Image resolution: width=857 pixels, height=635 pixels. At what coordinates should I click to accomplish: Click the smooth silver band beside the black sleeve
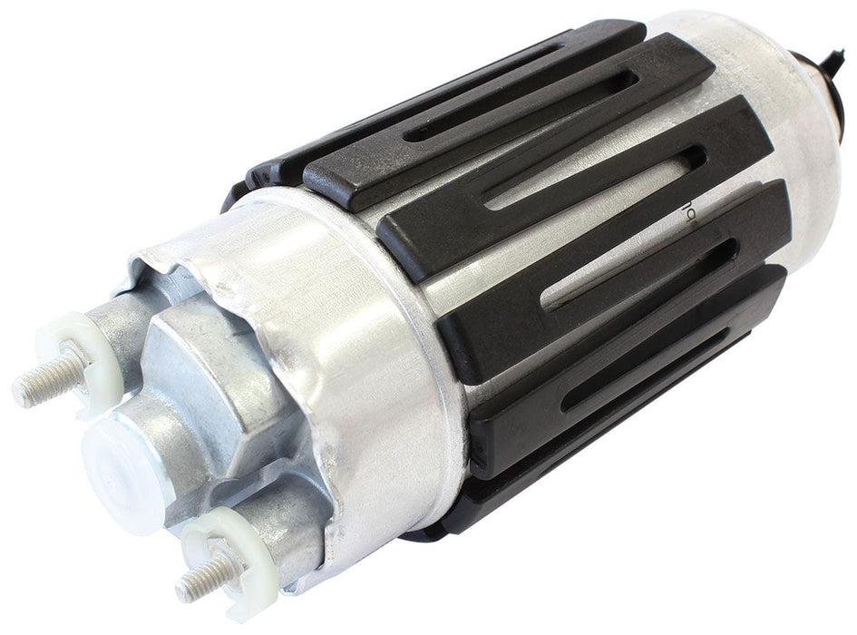coord(381,345)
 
